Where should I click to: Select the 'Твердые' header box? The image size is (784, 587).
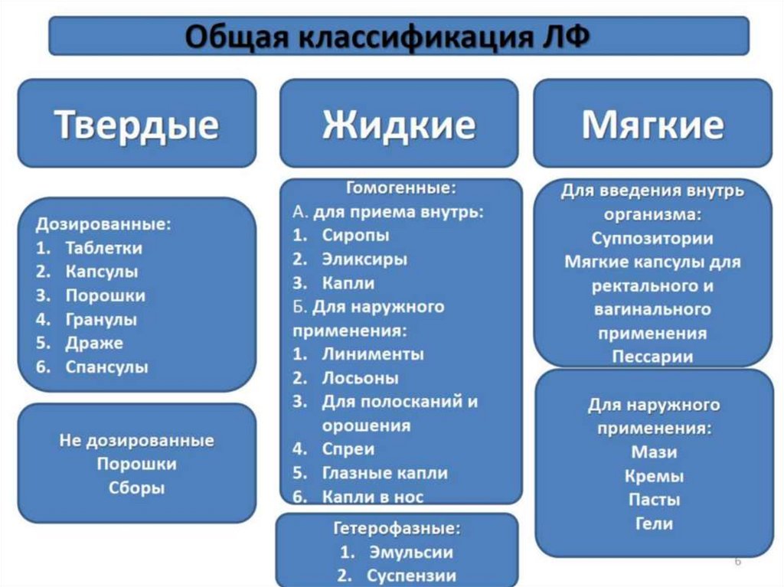point(136,124)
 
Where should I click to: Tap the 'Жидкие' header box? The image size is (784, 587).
point(398,124)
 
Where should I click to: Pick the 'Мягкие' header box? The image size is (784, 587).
point(652,124)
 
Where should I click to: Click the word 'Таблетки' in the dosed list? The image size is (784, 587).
point(103,248)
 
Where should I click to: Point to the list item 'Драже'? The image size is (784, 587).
point(94,343)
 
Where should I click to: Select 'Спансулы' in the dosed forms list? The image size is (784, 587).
point(106,367)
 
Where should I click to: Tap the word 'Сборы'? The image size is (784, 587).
point(136,488)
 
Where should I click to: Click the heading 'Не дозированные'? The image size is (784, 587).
point(136,441)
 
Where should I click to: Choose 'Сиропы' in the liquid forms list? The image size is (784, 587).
point(355,235)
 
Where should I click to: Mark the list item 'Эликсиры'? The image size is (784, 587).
point(364,259)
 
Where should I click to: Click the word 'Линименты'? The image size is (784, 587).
point(372,354)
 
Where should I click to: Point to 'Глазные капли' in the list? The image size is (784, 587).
point(384,473)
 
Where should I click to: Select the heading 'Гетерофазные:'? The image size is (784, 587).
point(397,528)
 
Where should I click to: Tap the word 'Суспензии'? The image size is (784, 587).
point(411,575)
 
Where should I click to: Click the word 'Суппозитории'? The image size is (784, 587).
point(652,238)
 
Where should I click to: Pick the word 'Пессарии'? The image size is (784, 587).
point(652,357)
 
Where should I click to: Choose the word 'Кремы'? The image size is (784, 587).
point(653,476)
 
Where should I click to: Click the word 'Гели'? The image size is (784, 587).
point(653,523)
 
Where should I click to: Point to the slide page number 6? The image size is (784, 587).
point(737,563)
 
